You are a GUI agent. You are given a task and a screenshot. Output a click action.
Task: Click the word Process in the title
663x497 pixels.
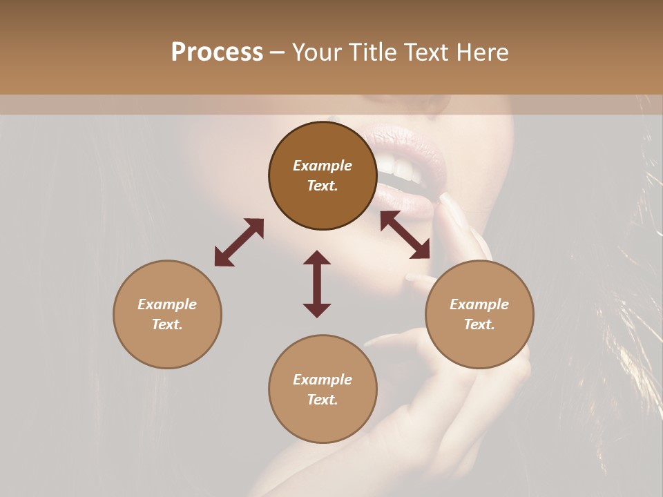click(x=217, y=52)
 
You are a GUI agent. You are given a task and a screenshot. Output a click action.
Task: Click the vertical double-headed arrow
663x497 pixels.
click(x=317, y=284)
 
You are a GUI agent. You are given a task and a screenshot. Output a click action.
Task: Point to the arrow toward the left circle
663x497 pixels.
click(x=239, y=242)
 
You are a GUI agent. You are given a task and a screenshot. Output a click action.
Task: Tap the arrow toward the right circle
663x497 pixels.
click(x=405, y=235)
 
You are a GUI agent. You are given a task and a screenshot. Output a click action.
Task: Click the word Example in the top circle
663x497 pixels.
click(x=323, y=166)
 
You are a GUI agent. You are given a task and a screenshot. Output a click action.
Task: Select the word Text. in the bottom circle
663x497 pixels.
click(x=323, y=400)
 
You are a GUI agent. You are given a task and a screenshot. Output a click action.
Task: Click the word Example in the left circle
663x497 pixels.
click(x=167, y=304)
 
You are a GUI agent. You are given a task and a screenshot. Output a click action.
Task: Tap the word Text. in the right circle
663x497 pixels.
click(x=479, y=324)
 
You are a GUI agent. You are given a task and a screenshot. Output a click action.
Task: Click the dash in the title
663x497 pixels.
click(x=277, y=52)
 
